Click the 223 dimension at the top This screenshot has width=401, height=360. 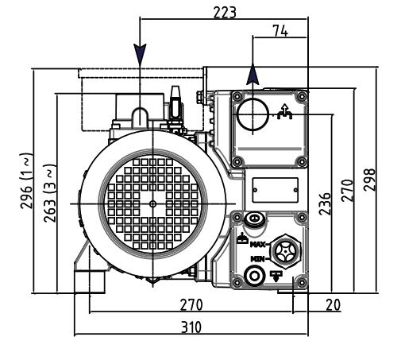[x=225, y=12]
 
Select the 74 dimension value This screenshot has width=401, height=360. [x=280, y=31]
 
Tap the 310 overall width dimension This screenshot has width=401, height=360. [x=191, y=327]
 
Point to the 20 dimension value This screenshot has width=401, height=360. [x=333, y=304]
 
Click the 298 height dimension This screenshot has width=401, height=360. [x=369, y=180]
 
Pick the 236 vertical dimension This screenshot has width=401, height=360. [x=325, y=203]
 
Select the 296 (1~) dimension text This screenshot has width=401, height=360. [x=26, y=180]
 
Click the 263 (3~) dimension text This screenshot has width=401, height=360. [x=50, y=193]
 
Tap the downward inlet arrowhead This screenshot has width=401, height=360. [x=140, y=54]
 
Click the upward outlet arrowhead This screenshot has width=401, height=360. [x=253, y=75]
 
